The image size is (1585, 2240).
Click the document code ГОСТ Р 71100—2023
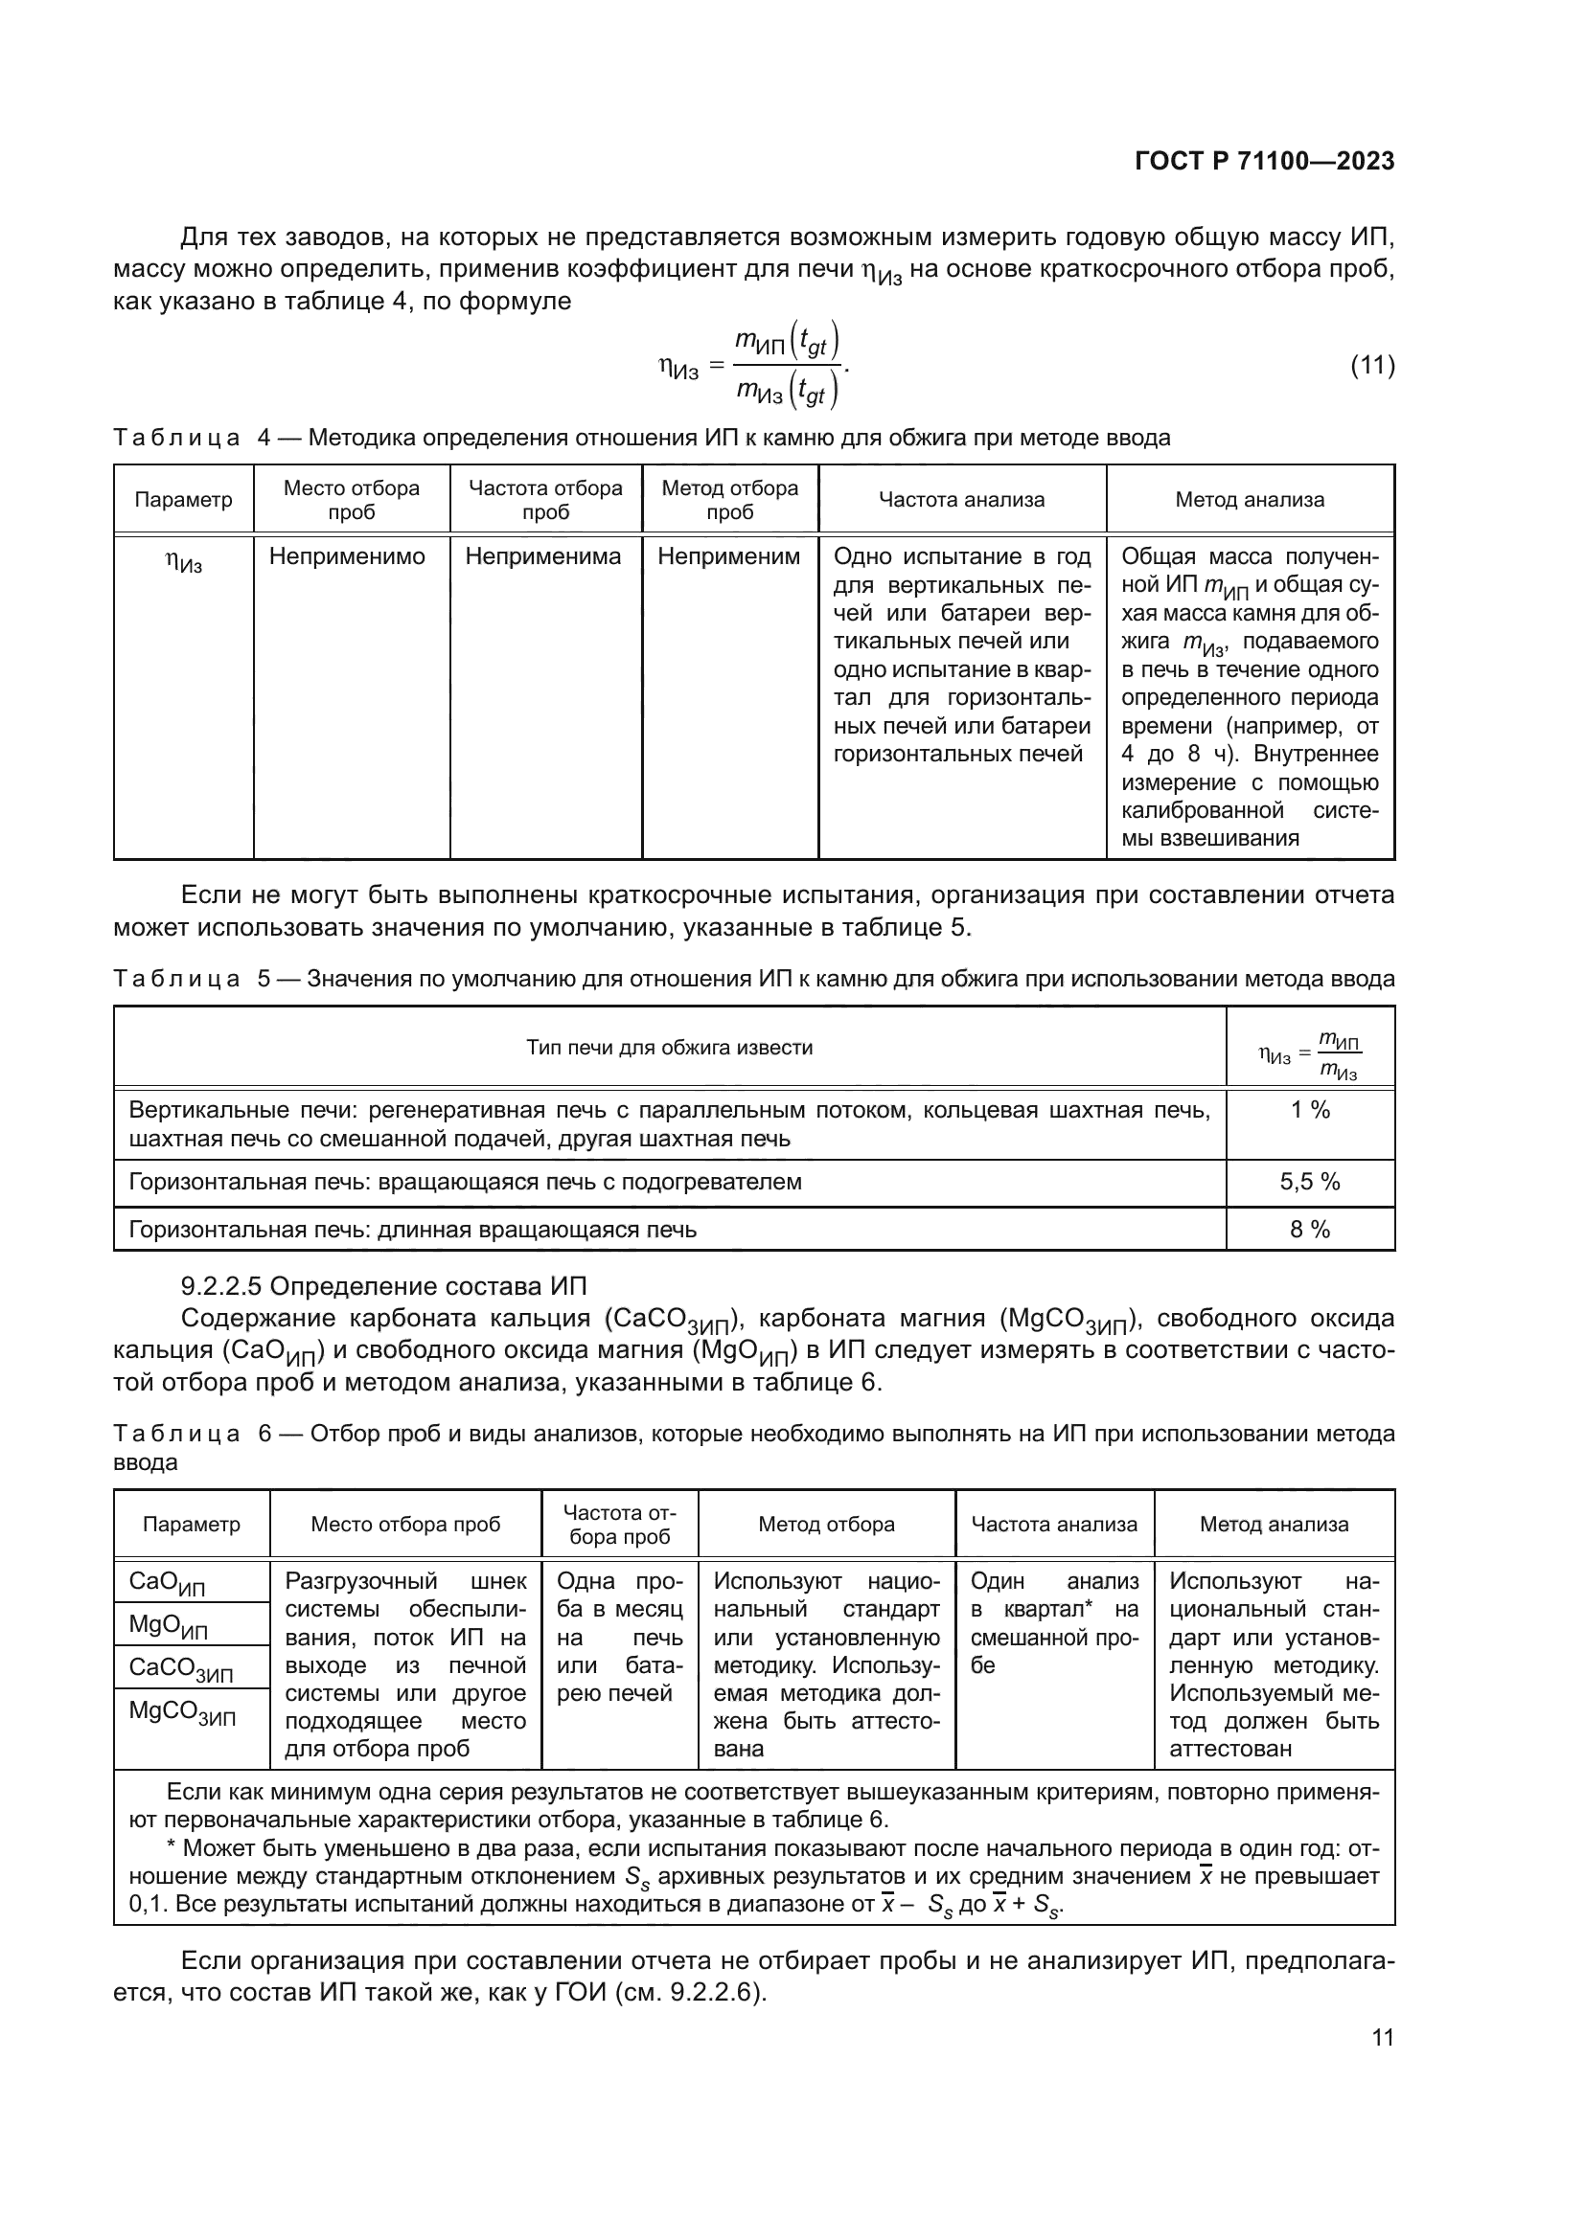(x=1264, y=161)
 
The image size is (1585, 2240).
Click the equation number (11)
(x=1371, y=366)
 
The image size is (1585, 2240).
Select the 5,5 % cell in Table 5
(x=1310, y=1182)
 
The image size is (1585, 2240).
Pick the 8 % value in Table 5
(x=1310, y=1230)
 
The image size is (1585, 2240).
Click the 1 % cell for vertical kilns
(x=1310, y=1110)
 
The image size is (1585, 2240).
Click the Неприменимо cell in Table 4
(x=348, y=557)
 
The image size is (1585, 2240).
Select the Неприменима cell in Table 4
(x=542, y=557)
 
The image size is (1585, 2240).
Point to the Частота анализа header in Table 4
(x=961, y=501)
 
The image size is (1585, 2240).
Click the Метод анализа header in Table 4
(x=1250, y=501)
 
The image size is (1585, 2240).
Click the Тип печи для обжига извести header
(x=670, y=1048)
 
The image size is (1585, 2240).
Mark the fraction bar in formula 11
(x=788, y=366)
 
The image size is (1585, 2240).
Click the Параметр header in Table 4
(x=183, y=501)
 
